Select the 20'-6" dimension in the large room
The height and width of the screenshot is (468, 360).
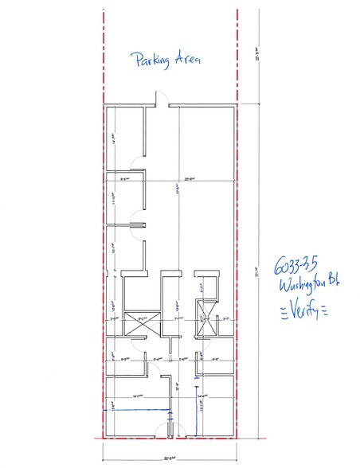[x=188, y=178]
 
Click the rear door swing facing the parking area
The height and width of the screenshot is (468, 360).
[x=161, y=99]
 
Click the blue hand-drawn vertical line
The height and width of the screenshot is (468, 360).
[x=196, y=410]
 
